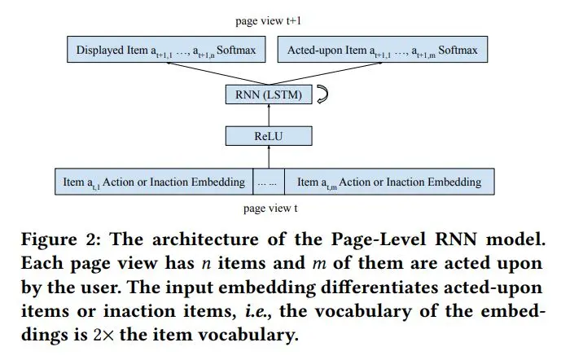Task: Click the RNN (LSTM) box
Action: [268, 95]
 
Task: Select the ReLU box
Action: [268, 137]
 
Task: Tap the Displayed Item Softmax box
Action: [166, 51]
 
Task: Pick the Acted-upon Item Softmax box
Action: [383, 51]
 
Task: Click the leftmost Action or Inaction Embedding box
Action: [154, 182]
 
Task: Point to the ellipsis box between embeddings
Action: [270, 182]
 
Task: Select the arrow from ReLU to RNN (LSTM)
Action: [268, 116]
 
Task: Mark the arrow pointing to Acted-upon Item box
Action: [326, 74]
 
